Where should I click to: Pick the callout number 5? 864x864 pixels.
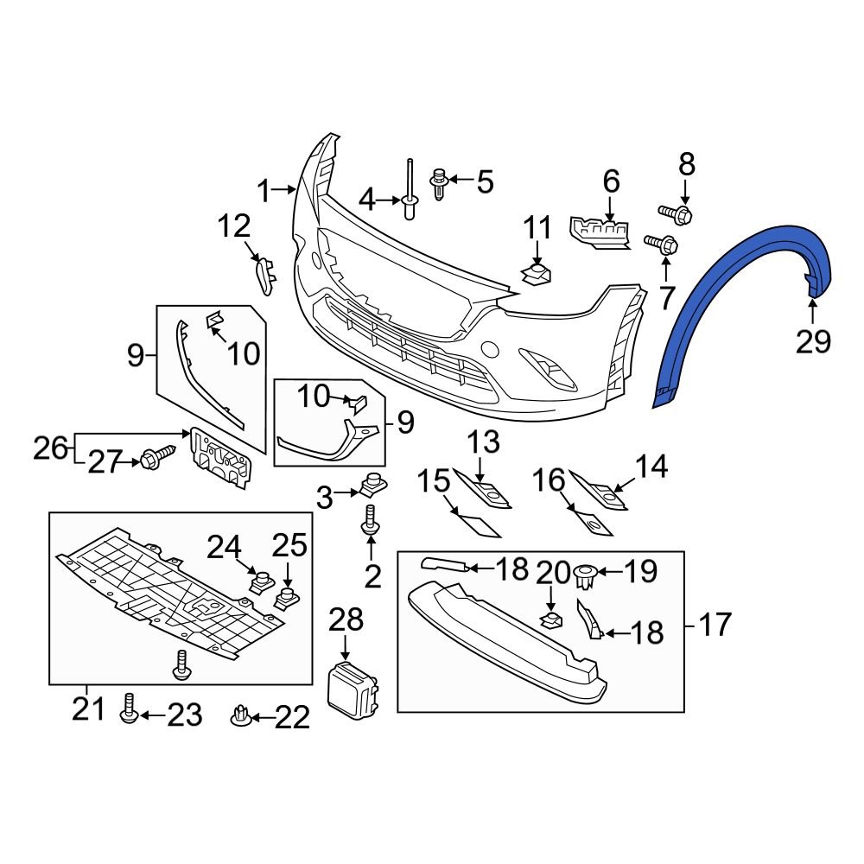[484, 181]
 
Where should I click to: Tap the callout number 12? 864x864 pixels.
[233, 227]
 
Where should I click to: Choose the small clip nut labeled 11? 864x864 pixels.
[537, 275]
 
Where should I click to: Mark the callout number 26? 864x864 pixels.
[51, 448]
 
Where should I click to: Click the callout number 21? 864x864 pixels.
[87, 710]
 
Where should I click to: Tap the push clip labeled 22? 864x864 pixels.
[240, 715]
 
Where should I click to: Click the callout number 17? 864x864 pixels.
[715, 624]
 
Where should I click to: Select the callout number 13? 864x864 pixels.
[484, 443]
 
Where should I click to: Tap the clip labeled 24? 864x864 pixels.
[257, 581]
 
